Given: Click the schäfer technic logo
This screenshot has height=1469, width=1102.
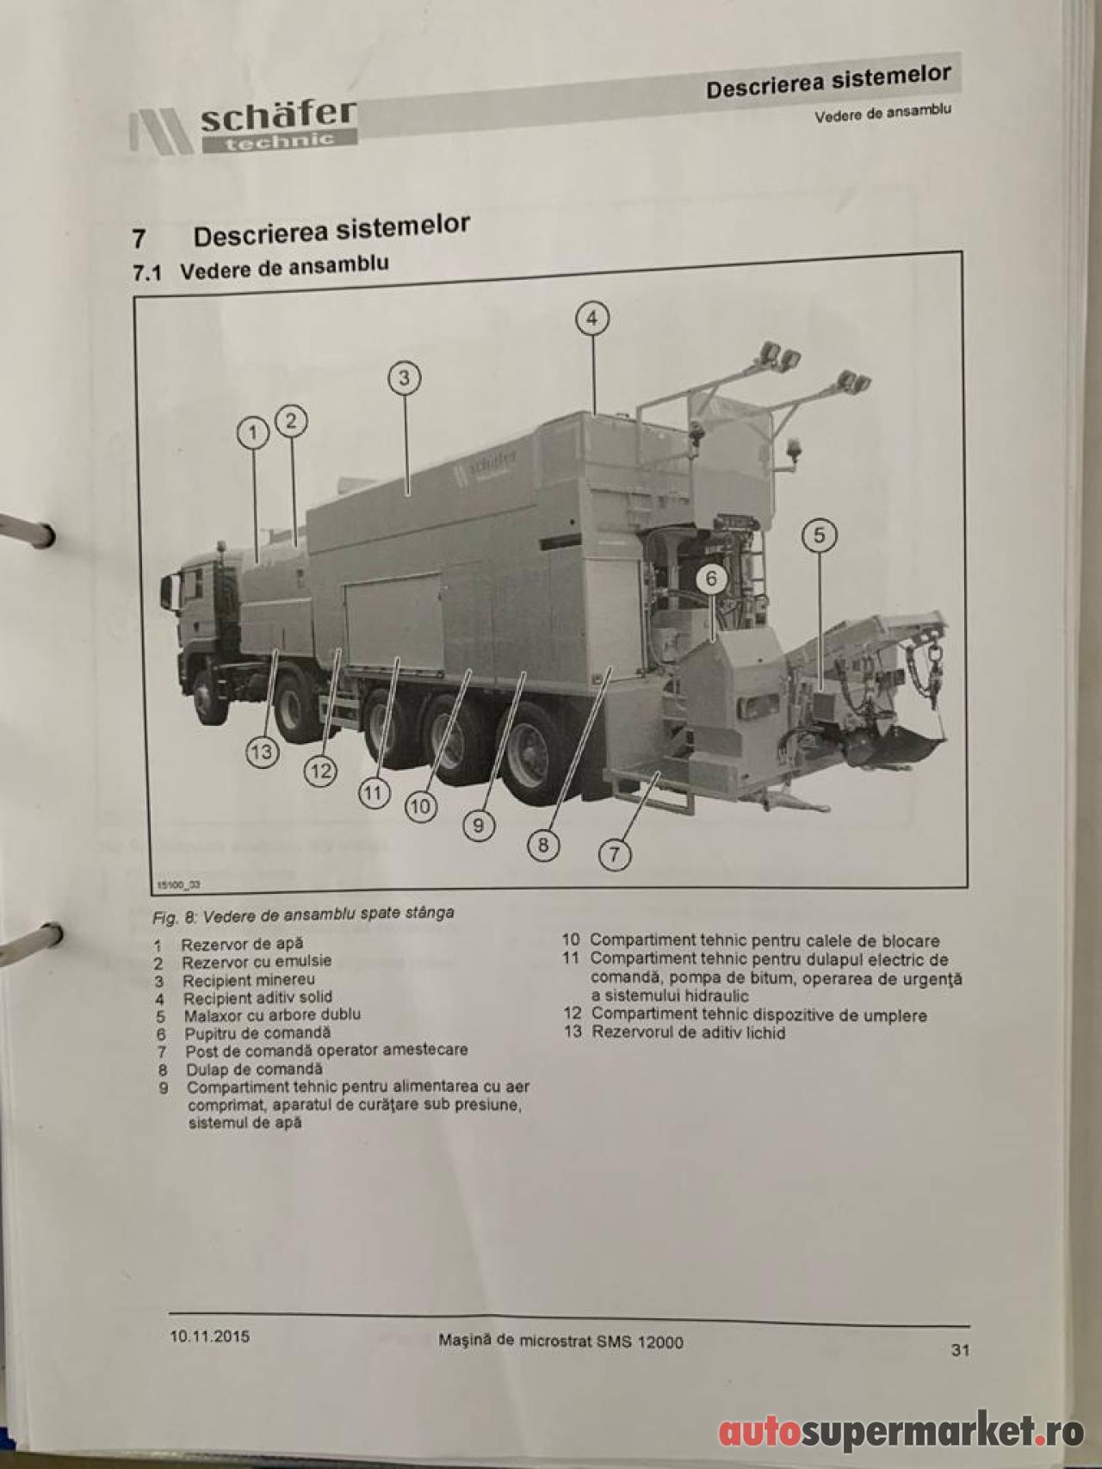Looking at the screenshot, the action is point(245,128).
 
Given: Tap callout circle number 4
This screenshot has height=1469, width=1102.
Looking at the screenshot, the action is point(592,319).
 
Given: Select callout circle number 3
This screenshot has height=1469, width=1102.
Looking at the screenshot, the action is point(405,378).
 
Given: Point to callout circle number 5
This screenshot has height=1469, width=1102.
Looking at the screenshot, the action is point(819,536).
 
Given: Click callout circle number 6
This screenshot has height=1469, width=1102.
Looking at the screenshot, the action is point(711,579).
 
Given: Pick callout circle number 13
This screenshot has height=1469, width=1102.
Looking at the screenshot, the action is point(260,753).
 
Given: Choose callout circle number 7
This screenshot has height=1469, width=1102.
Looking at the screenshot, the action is point(615,856).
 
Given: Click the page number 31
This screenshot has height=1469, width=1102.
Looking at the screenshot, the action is point(960,1350).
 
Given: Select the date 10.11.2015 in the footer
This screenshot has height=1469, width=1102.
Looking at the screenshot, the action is point(208,1336).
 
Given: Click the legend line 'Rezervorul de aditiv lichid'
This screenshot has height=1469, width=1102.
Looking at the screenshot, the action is point(688,1032).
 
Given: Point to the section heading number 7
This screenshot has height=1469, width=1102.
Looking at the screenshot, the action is point(139,239).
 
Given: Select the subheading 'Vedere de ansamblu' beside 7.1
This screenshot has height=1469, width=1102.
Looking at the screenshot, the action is point(284,267).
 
